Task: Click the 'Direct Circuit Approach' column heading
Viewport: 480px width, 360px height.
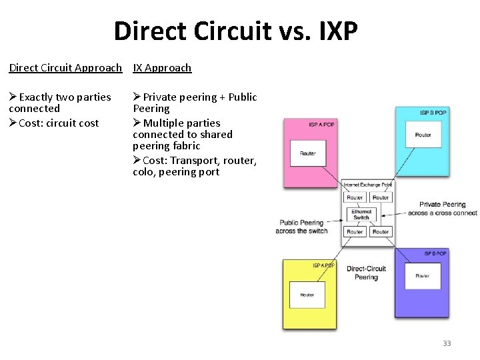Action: point(65,67)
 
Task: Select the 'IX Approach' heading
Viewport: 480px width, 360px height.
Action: point(162,67)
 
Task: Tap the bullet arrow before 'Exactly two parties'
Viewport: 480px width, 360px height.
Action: point(13,97)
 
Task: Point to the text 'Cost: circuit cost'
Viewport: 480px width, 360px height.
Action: point(59,123)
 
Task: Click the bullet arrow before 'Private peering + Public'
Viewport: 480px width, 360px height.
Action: point(137,97)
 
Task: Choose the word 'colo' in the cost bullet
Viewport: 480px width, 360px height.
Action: point(143,171)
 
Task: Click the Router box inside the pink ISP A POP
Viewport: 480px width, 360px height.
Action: point(308,153)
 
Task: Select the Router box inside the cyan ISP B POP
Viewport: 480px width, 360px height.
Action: point(423,135)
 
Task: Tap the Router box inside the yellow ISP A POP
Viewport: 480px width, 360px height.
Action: point(307,295)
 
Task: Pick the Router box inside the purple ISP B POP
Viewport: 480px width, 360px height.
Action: point(423,275)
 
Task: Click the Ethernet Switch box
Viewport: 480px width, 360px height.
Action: point(361,215)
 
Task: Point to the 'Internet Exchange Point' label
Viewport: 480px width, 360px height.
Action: point(368,184)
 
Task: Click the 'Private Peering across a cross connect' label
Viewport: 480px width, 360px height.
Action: point(442,209)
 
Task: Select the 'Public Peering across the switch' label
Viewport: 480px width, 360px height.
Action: point(303,227)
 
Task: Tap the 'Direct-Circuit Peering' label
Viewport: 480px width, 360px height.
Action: point(366,273)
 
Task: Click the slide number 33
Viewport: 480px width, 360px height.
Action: point(447,343)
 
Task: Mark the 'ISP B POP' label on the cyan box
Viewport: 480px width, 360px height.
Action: point(433,113)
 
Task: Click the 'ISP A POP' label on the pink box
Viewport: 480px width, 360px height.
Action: point(322,125)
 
